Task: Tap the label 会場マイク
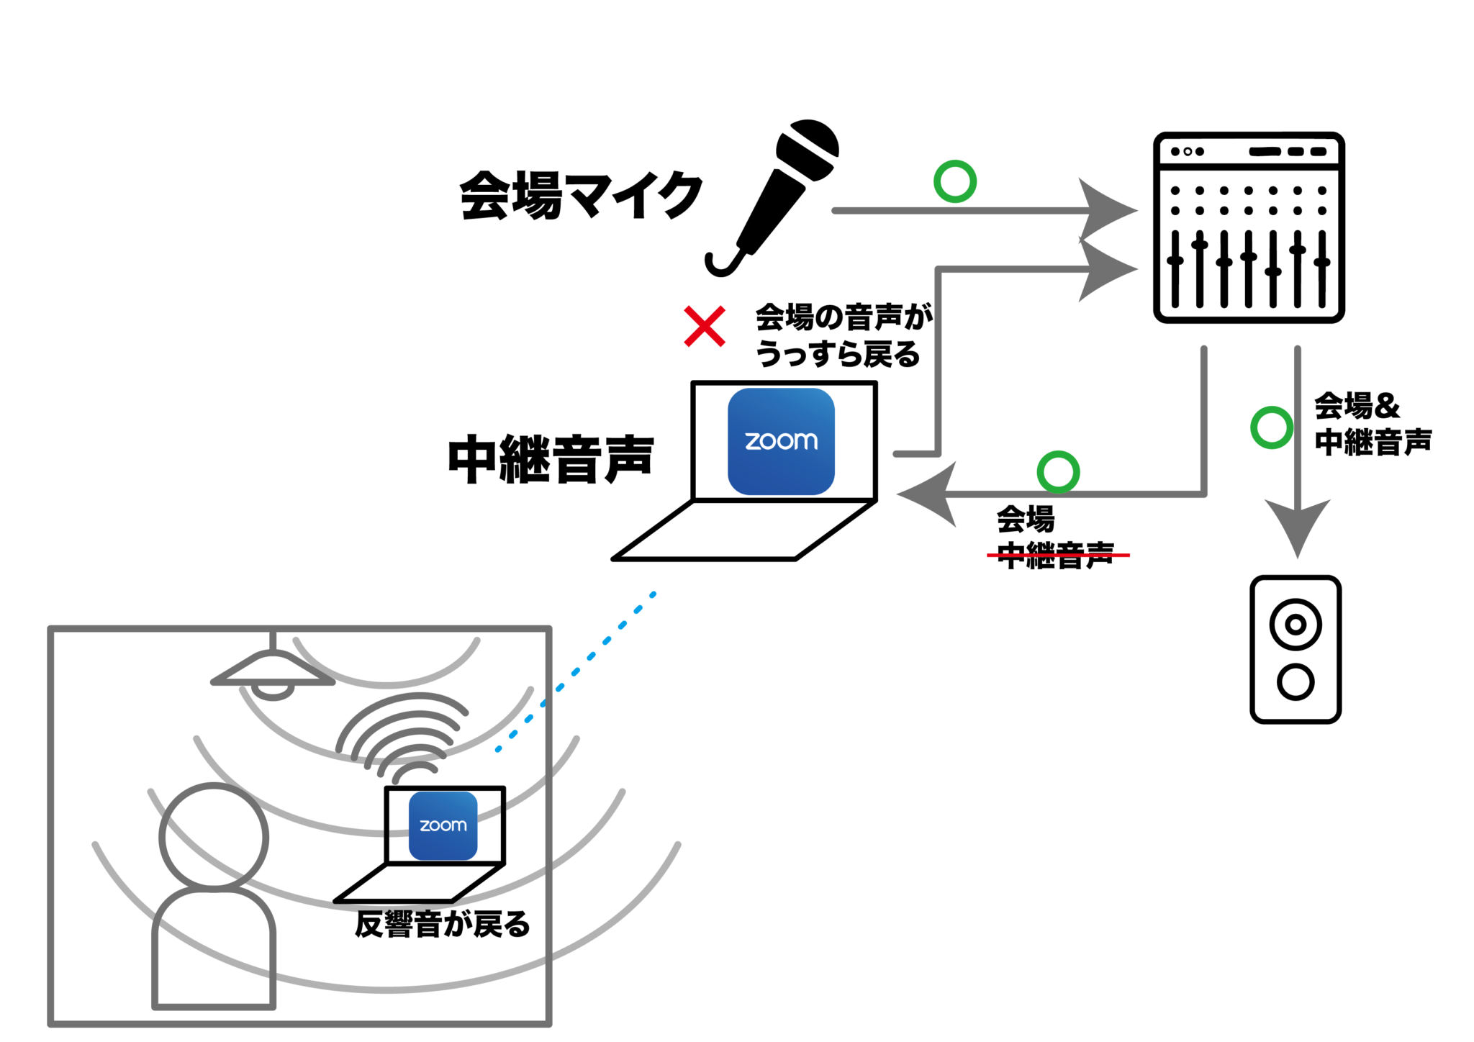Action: point(581,195)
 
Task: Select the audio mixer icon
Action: point(1249,227)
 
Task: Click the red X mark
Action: point(704,327)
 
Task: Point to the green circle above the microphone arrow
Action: point(954,181)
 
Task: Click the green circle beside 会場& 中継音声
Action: point(1271,428)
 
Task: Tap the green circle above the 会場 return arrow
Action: point(1057,473)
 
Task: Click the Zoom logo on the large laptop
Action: point(781,441)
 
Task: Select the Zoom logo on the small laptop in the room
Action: point(443,825)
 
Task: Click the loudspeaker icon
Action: point(1296,649)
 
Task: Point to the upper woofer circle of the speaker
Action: point(1296,625)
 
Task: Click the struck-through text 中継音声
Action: point(1056,556)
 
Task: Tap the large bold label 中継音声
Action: point(551,459)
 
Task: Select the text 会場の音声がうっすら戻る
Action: point(842,335)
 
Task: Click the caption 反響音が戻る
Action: point(442,925)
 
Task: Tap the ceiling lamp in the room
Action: point(272,673)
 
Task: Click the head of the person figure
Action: point(214,836)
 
